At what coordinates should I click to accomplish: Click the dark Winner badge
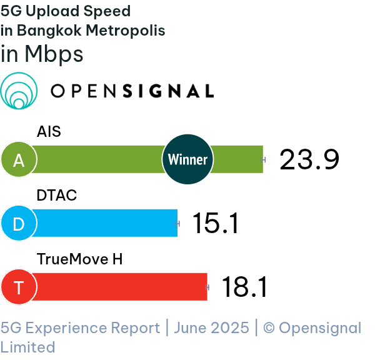click(187, 159)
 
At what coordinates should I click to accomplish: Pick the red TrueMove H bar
click(120, 287)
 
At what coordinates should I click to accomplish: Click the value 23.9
click(309, 159)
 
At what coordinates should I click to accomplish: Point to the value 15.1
click(216, 223)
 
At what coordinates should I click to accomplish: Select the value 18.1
click(244, 287)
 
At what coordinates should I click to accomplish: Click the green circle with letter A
click(19, 159)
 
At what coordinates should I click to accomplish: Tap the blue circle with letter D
click(19, 223)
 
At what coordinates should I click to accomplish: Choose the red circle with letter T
click(19, 287)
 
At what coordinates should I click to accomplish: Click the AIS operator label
click(49, 131)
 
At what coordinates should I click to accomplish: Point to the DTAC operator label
click(57, 195)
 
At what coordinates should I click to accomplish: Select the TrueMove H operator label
click(79, 259)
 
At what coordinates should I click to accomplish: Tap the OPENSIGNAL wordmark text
click(132, 91)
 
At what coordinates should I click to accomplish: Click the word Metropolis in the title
click(126, 31)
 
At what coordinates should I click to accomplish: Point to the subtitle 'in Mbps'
click(42, 54)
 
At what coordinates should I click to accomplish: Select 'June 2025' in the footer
click(211, 328)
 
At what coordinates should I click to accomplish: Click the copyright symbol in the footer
click(269, 328)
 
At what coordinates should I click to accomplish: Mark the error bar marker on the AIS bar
click(263, 160)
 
